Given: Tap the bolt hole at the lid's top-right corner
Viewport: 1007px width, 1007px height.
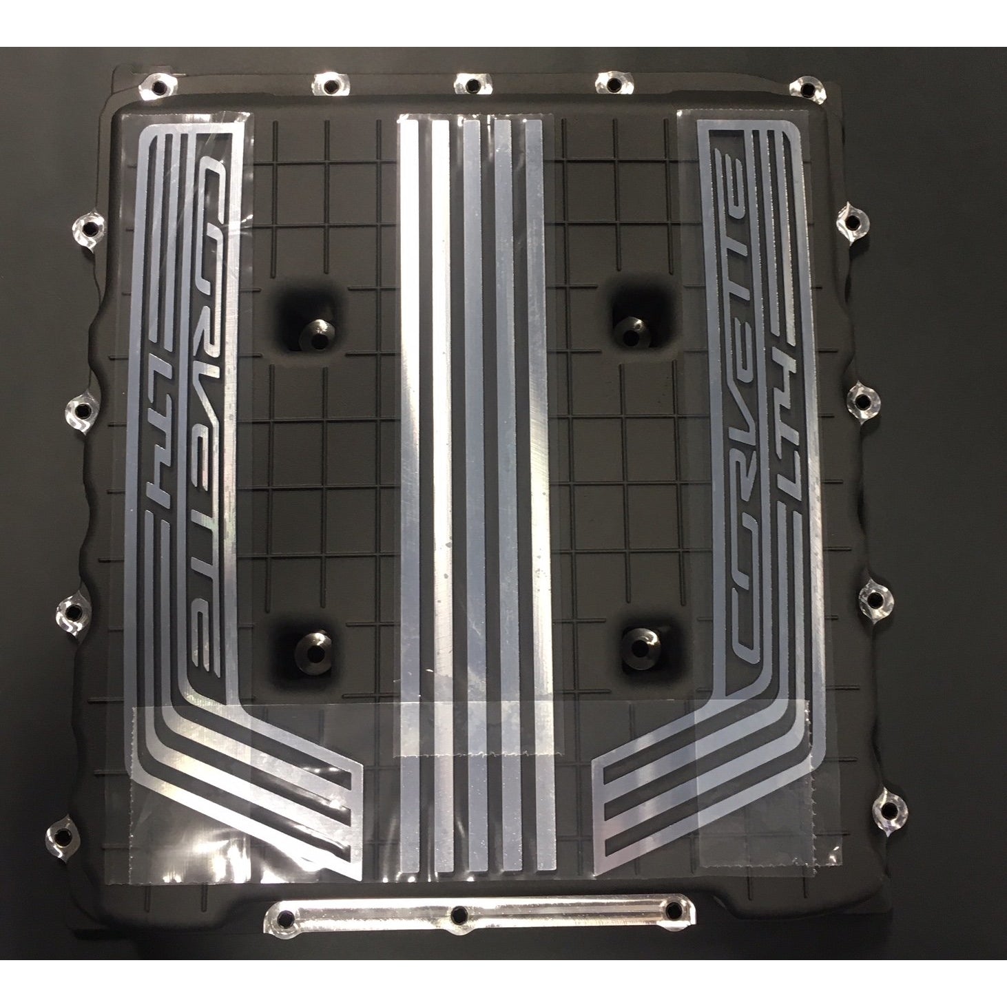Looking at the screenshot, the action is click(x=807, y=87).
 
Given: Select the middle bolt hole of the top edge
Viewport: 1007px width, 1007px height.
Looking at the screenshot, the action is click(x=473, y=83).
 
